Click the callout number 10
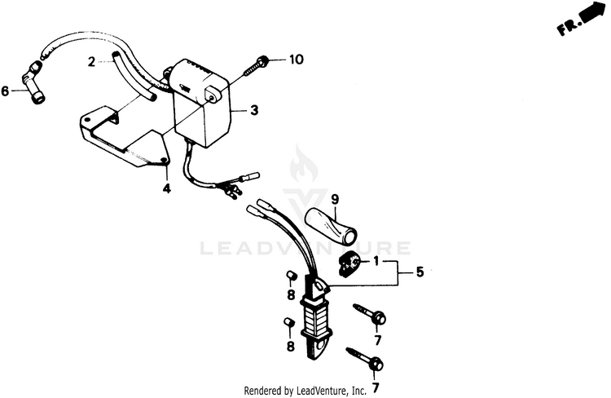pyautogui.click(x=295, y=60)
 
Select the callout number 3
pyautogui.click(x=254, y=109)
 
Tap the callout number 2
pyautogui.click(x=92, y=61)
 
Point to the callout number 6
pyautogui.click(x=5, y=91)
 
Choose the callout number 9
pyautogui.click(x=333, y=198)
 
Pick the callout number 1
pyautogui.click(x=376, y=261)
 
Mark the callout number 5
pyautogui.click(x=420, y=272)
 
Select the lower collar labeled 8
pyautogui.click(x=288, y=323)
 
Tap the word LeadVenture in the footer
pyautogui.click(x=322, y=391)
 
